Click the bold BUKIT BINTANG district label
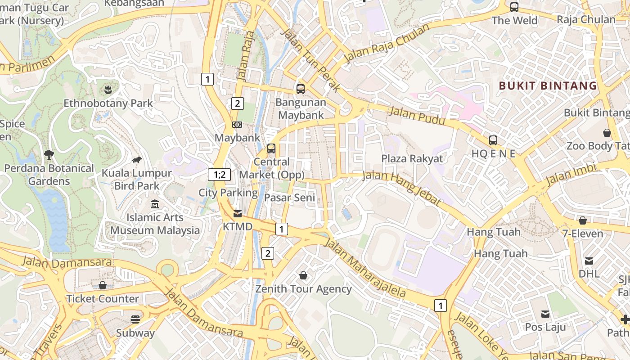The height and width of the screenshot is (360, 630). point(548,85)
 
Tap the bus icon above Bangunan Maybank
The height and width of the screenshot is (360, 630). point(301,89)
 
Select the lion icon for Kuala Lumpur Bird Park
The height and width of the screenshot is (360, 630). point(137,160)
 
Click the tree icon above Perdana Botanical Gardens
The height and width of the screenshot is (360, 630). point(49,155)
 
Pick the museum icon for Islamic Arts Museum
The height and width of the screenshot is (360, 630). point(155,204)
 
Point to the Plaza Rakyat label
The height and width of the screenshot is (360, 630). point(412,158)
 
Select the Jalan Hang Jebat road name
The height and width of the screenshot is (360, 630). point(402,187)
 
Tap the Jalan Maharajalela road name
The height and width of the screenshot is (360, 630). point(365,268)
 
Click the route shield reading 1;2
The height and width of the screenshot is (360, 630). point(220,175)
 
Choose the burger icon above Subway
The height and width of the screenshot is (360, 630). point(135,319)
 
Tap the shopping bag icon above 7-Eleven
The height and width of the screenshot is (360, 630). point(582,220)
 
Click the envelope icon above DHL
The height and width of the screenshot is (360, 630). point(589,261)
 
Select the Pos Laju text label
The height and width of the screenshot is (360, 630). point(545,327)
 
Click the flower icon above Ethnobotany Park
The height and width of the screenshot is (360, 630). point(108,90)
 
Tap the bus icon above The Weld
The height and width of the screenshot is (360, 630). point(514,7)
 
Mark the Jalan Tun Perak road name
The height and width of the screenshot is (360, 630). point(310,59)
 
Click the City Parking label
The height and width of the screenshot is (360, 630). point(228,193)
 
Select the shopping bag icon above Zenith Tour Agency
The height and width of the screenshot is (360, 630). point(303,275)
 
